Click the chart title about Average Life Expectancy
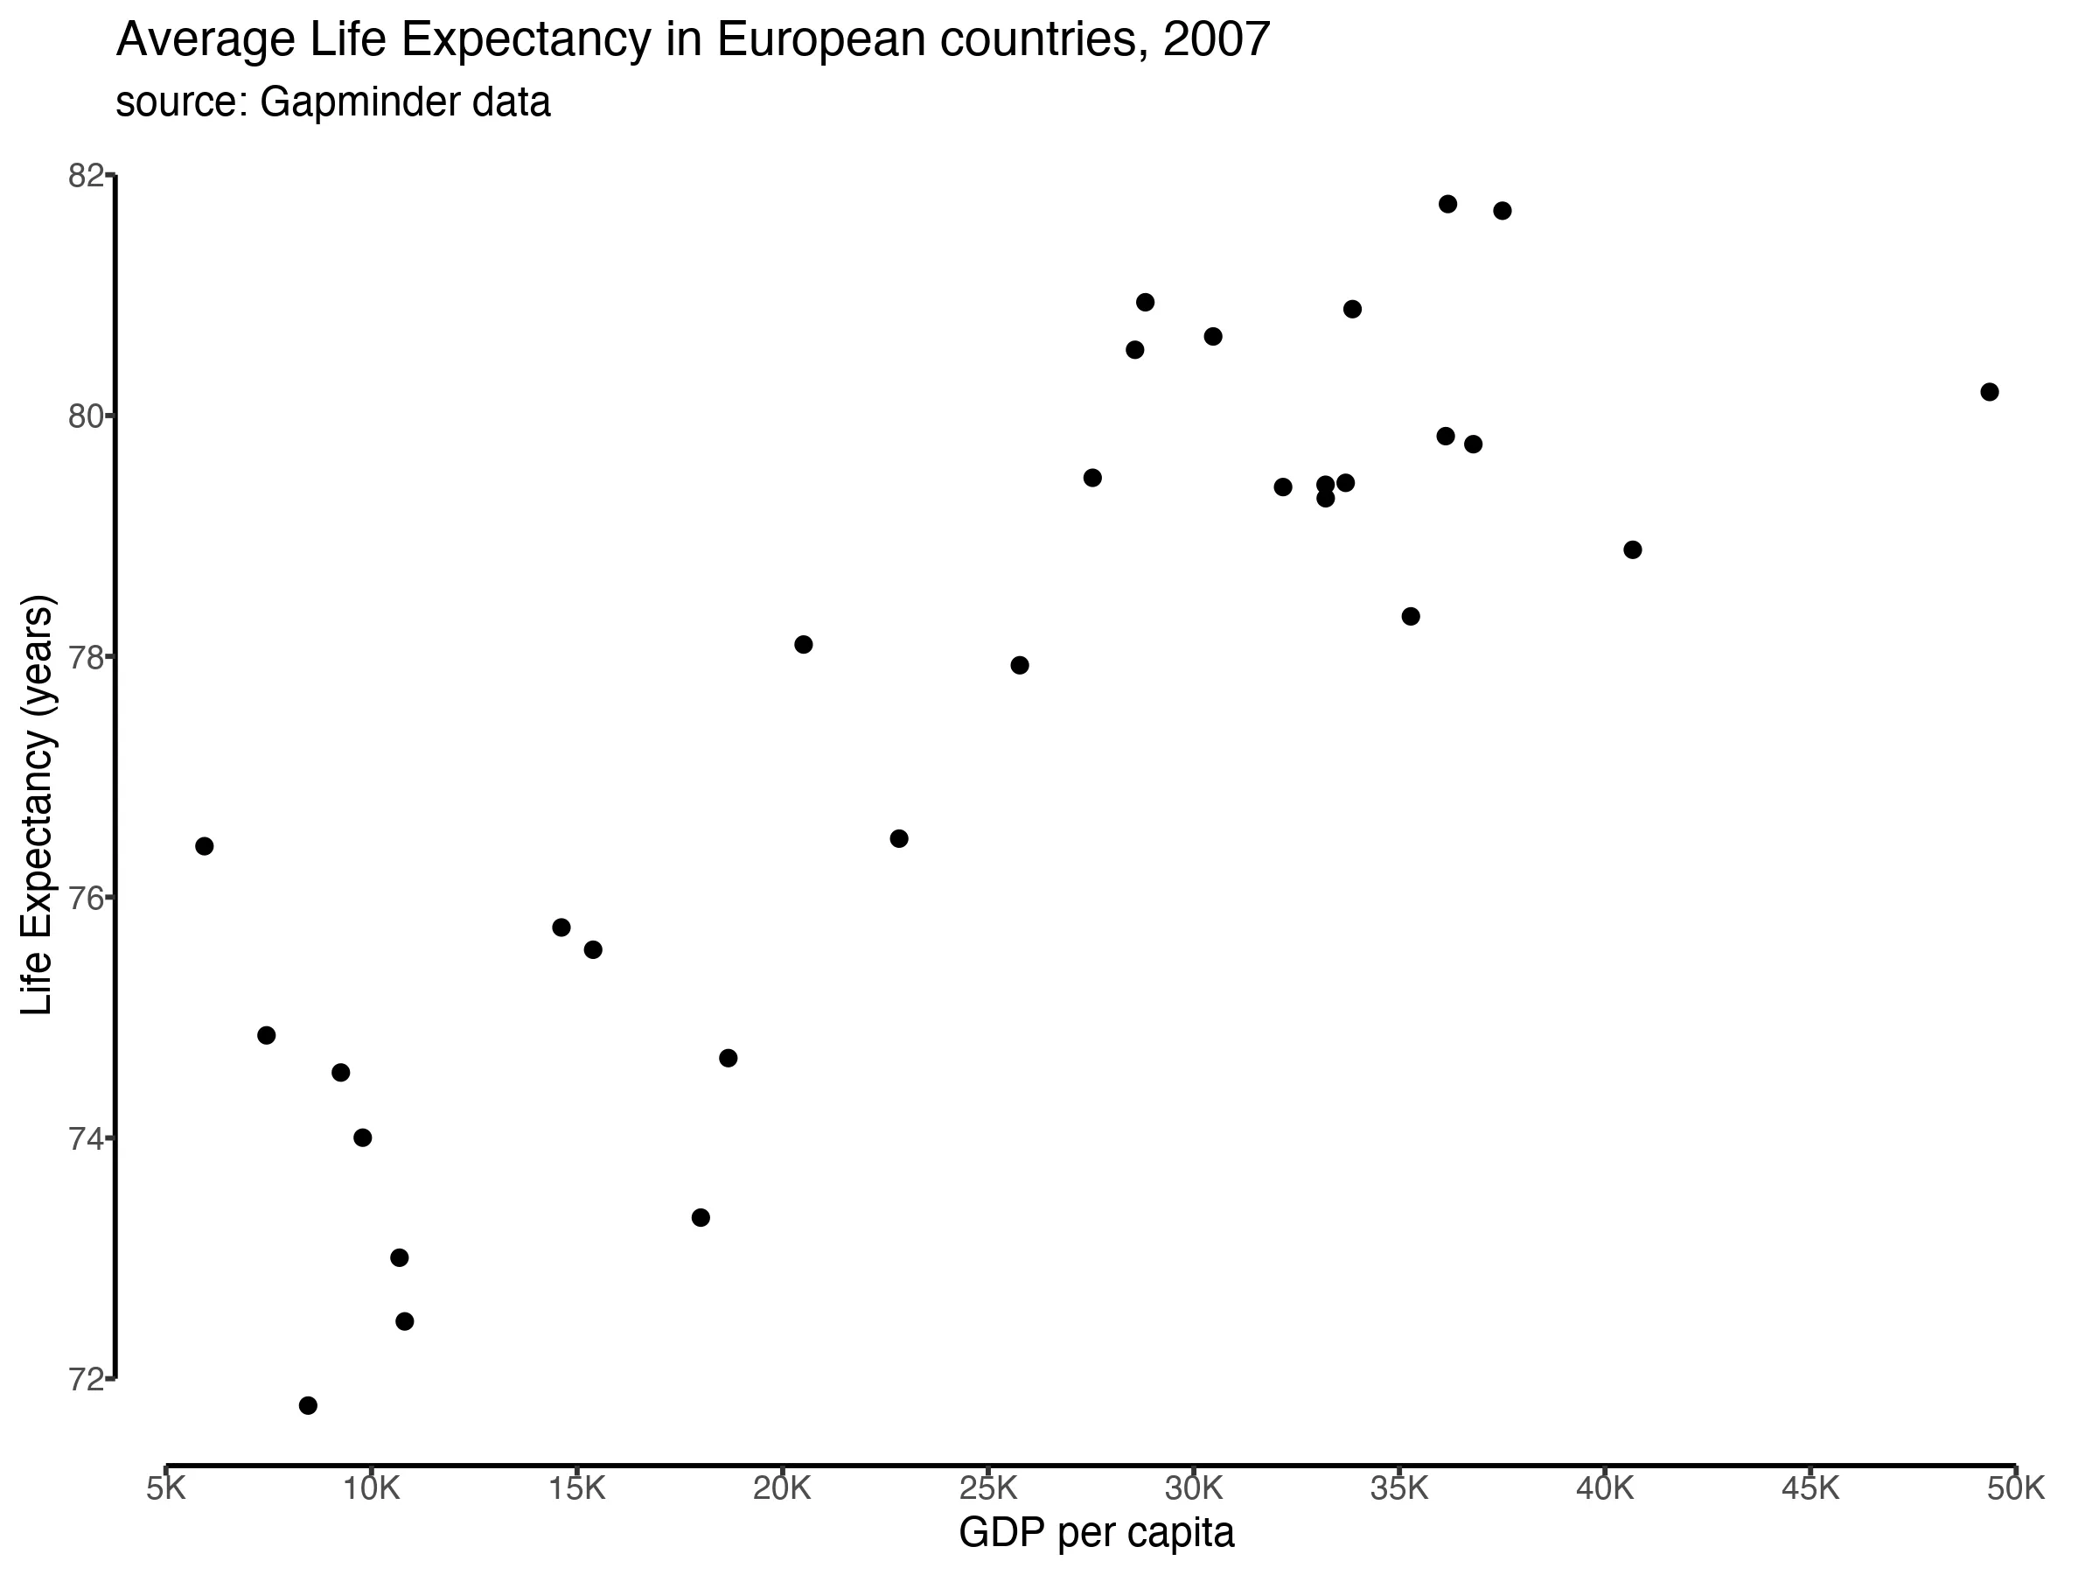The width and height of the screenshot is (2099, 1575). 693,40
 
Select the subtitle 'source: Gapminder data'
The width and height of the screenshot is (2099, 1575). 333,101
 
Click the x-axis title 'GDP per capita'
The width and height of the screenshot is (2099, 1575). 1096,1531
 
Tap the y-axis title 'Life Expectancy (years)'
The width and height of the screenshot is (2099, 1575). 38,805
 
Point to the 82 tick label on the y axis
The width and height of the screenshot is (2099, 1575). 86,176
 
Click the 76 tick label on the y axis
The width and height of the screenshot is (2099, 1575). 86,897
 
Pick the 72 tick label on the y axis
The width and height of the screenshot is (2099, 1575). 86,1378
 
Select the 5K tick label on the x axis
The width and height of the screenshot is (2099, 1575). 166,1487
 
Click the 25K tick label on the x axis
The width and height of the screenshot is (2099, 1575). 987,1487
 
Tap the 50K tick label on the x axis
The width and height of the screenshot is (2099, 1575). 2016,1487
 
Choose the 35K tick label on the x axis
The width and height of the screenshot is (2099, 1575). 1398,1487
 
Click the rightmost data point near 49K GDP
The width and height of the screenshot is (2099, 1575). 1990,392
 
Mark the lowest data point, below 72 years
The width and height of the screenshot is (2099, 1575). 309,1405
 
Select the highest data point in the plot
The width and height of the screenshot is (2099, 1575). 1448,204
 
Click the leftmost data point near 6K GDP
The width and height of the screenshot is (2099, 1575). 204,846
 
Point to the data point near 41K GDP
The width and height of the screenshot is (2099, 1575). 1633,549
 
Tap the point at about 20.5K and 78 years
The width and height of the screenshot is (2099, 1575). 804,645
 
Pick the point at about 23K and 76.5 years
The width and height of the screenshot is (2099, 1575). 900,838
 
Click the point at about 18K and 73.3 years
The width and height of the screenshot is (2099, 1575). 701,1217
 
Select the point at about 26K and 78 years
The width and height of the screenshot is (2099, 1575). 1020,664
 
